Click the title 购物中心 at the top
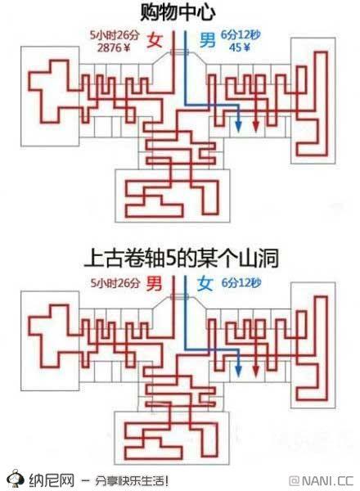coord(178,12)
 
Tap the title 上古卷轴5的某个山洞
coord(182,259)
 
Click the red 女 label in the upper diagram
coord(155,40)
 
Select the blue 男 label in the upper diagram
coord(207,40)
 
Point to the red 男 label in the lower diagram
coord(155,283)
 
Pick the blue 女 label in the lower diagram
coord(205,283)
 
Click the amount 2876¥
coord(114,47)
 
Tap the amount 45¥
coord(240,47)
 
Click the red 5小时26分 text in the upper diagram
coord(115,35)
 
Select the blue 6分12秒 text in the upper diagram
coord(241,34)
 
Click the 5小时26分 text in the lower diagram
coord(115,283)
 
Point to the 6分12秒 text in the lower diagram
coord(241,283)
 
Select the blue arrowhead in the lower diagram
coord(238,370)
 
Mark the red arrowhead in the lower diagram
coord(256,370)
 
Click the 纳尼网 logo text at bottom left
coord(52,480)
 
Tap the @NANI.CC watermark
coord(322,480)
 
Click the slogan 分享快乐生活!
coord(132,480)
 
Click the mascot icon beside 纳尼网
coord(15,479)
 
